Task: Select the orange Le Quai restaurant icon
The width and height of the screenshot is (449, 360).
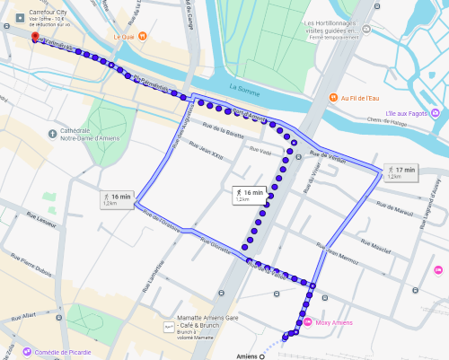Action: coord(105,37)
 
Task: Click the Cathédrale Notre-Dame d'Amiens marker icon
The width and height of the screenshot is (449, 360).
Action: coord(53,133)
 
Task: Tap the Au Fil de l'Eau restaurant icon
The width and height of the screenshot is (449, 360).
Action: coord(332,97)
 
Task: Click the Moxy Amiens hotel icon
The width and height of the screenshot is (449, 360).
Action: coord(311,322)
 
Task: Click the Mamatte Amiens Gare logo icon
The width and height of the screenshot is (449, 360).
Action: coord(167,329)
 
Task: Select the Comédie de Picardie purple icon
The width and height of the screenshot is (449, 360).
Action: coord(27,352)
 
